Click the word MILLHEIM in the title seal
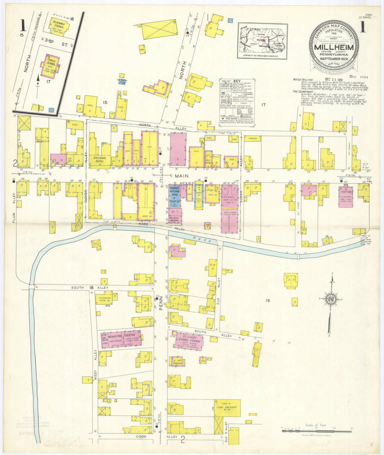click(334, 48)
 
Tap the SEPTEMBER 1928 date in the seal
click(334, 58)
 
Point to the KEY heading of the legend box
click(237, 81)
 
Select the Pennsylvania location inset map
click(263, 41)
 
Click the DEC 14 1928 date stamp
click(334, 79)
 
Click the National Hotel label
click(100, 159)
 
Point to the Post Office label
click(208, 162)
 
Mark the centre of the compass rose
click(330, 299)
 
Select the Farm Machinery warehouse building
click(227, 408)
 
